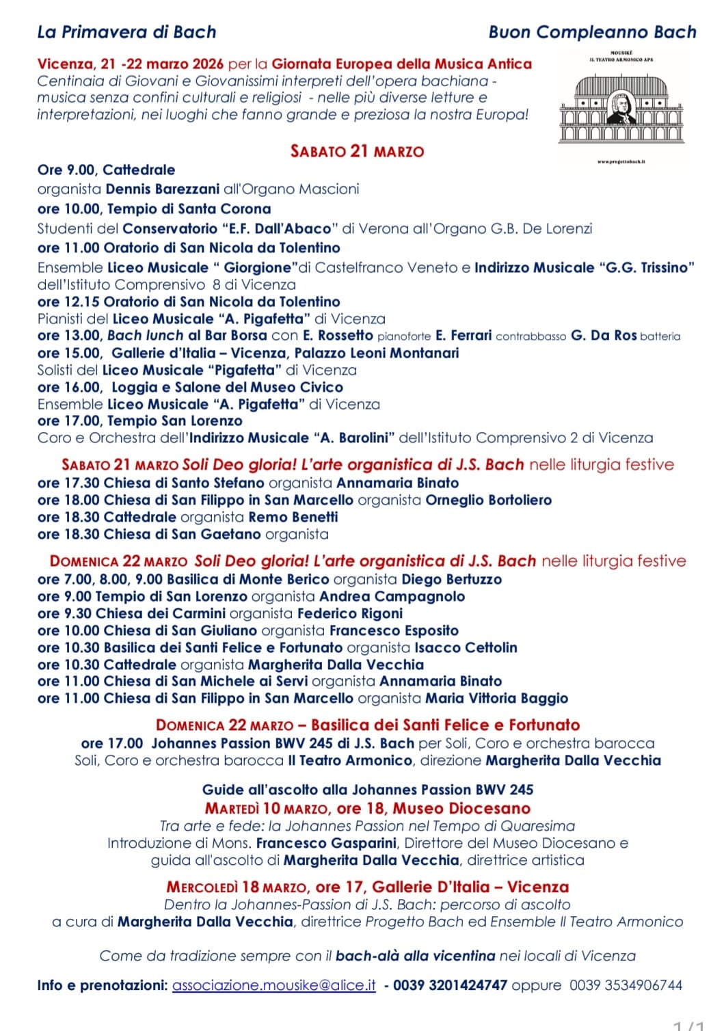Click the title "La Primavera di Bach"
point(126,32)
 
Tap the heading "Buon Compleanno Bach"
point(592,32)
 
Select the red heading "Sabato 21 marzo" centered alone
point(357,151)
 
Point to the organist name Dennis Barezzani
point(163,189)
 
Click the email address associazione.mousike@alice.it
point(274,985)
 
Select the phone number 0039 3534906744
point(626,985)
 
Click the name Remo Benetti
point(293,517)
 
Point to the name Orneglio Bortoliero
point(488,500)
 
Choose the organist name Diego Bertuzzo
point(451,580)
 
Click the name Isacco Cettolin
point(466,647)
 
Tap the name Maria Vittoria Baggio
point(496,698)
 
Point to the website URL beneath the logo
point(621,162)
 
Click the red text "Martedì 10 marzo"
point(267,809)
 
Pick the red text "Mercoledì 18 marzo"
point(237,887)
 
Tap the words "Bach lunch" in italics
point(145,336)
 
